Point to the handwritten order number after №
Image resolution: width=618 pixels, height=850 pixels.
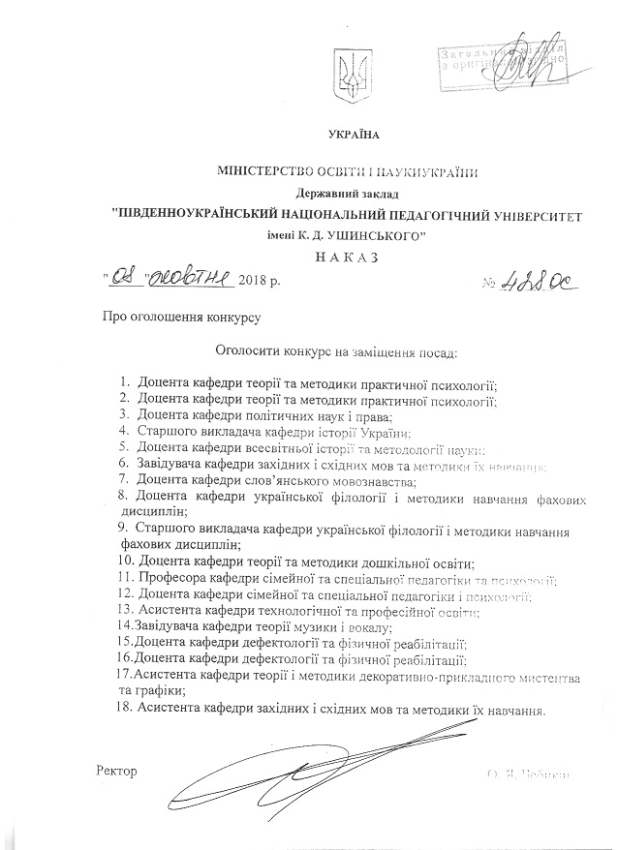pos(536,281)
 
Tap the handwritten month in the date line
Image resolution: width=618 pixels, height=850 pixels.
pos(196,281)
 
